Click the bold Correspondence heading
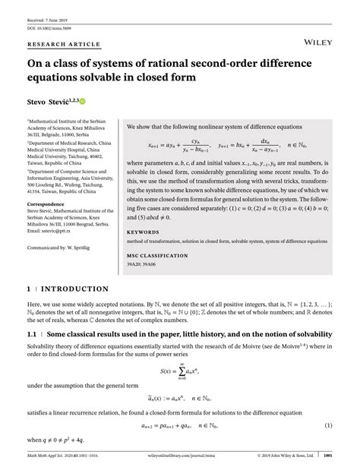(49, 203)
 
